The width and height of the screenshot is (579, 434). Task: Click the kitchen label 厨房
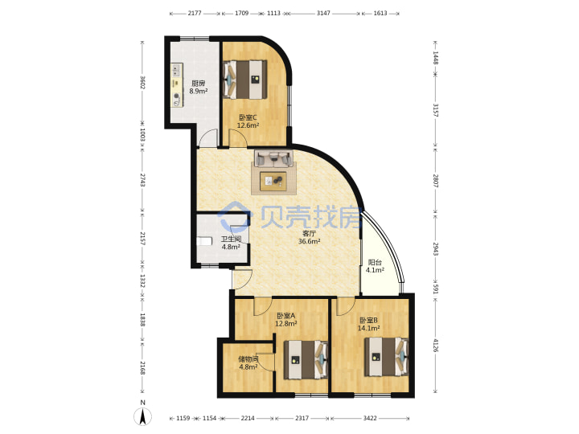pos(199,83)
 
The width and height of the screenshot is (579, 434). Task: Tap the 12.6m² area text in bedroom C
pos(248,125)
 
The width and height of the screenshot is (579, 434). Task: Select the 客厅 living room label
pos(309,233)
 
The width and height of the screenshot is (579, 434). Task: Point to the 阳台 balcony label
pos(375,262)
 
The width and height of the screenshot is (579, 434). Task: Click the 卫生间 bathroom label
pos(231,240)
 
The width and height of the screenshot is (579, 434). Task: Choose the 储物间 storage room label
pos(248,359)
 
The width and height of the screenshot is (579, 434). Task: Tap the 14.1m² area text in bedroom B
pos(369,328)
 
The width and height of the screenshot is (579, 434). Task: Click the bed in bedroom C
pos(245,80)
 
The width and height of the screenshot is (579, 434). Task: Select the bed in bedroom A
pos(306,360)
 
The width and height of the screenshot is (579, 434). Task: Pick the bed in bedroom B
pos(386,357)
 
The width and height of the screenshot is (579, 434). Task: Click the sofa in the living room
pos(273,158)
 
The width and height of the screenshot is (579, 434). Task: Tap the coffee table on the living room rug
pos(273,181)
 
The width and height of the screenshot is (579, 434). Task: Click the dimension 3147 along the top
pos(323,14)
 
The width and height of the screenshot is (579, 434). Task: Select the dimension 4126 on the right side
pos(436,345)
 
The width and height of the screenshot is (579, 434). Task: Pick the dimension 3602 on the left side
pos(143,82)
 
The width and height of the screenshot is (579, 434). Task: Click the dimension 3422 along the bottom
pos(370,418)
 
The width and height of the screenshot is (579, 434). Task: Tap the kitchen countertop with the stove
pos(177,85)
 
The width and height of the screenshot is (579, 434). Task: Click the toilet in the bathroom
pos(204,241)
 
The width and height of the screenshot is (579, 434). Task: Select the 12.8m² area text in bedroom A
pos(286,324)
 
